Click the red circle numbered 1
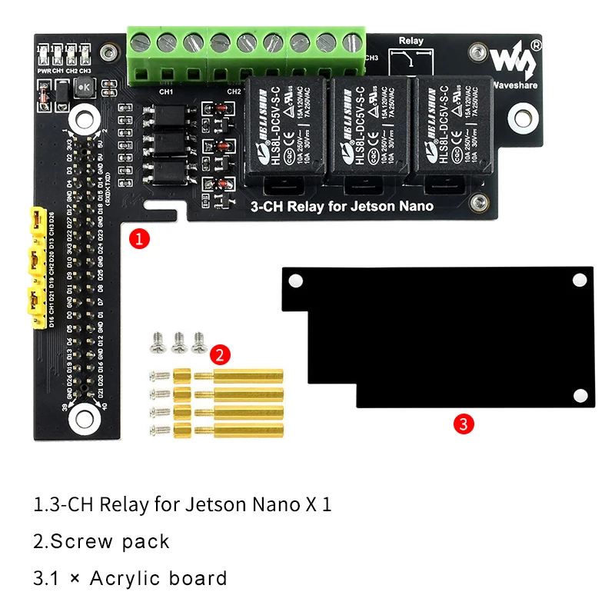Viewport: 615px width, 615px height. coord(139,238)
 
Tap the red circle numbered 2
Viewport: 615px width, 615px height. coord(219,354)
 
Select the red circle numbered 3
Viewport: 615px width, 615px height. coord(462,423)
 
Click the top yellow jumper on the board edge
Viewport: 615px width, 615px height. coord(36,221)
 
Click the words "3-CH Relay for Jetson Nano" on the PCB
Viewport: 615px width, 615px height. coord(342,206)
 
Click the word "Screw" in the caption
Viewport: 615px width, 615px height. coord(84,541)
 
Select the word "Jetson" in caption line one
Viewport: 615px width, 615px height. coord(215,505)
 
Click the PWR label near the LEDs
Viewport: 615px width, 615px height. coord(43,70)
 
